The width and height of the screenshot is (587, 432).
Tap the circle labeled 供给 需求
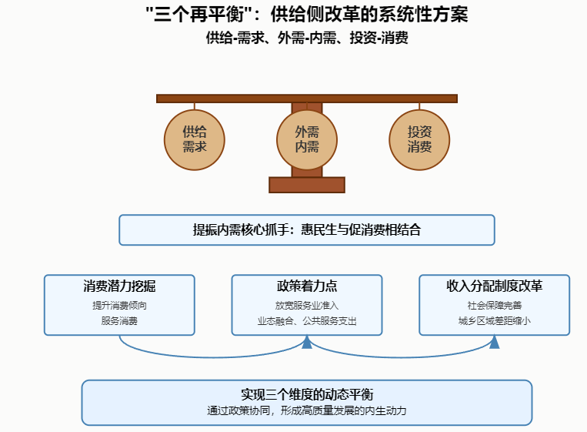point(194,139)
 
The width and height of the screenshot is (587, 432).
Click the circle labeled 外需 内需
point(307,139)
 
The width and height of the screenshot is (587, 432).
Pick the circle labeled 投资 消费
point(419,139)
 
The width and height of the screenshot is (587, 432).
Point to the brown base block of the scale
point(306,185)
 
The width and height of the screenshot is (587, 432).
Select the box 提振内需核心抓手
point(306,229)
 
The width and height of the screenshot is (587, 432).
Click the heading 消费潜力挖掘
point(119,286)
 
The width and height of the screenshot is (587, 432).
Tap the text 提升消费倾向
point(119,305)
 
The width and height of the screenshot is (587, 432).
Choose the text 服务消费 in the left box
point(119,320)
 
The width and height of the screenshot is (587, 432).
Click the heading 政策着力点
point(306,286)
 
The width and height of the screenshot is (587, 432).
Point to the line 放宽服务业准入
point(306,305)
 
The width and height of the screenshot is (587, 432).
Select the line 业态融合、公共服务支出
point(306,320)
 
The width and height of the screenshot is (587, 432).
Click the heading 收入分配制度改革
point(494,286)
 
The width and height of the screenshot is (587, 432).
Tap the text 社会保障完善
point(494,305)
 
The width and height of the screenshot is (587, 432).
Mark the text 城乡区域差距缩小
point(494,320)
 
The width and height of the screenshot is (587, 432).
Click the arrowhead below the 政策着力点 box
point(306,343)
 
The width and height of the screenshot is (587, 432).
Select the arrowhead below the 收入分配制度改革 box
point(494,343)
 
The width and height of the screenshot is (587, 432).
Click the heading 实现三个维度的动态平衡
point(306,394)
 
